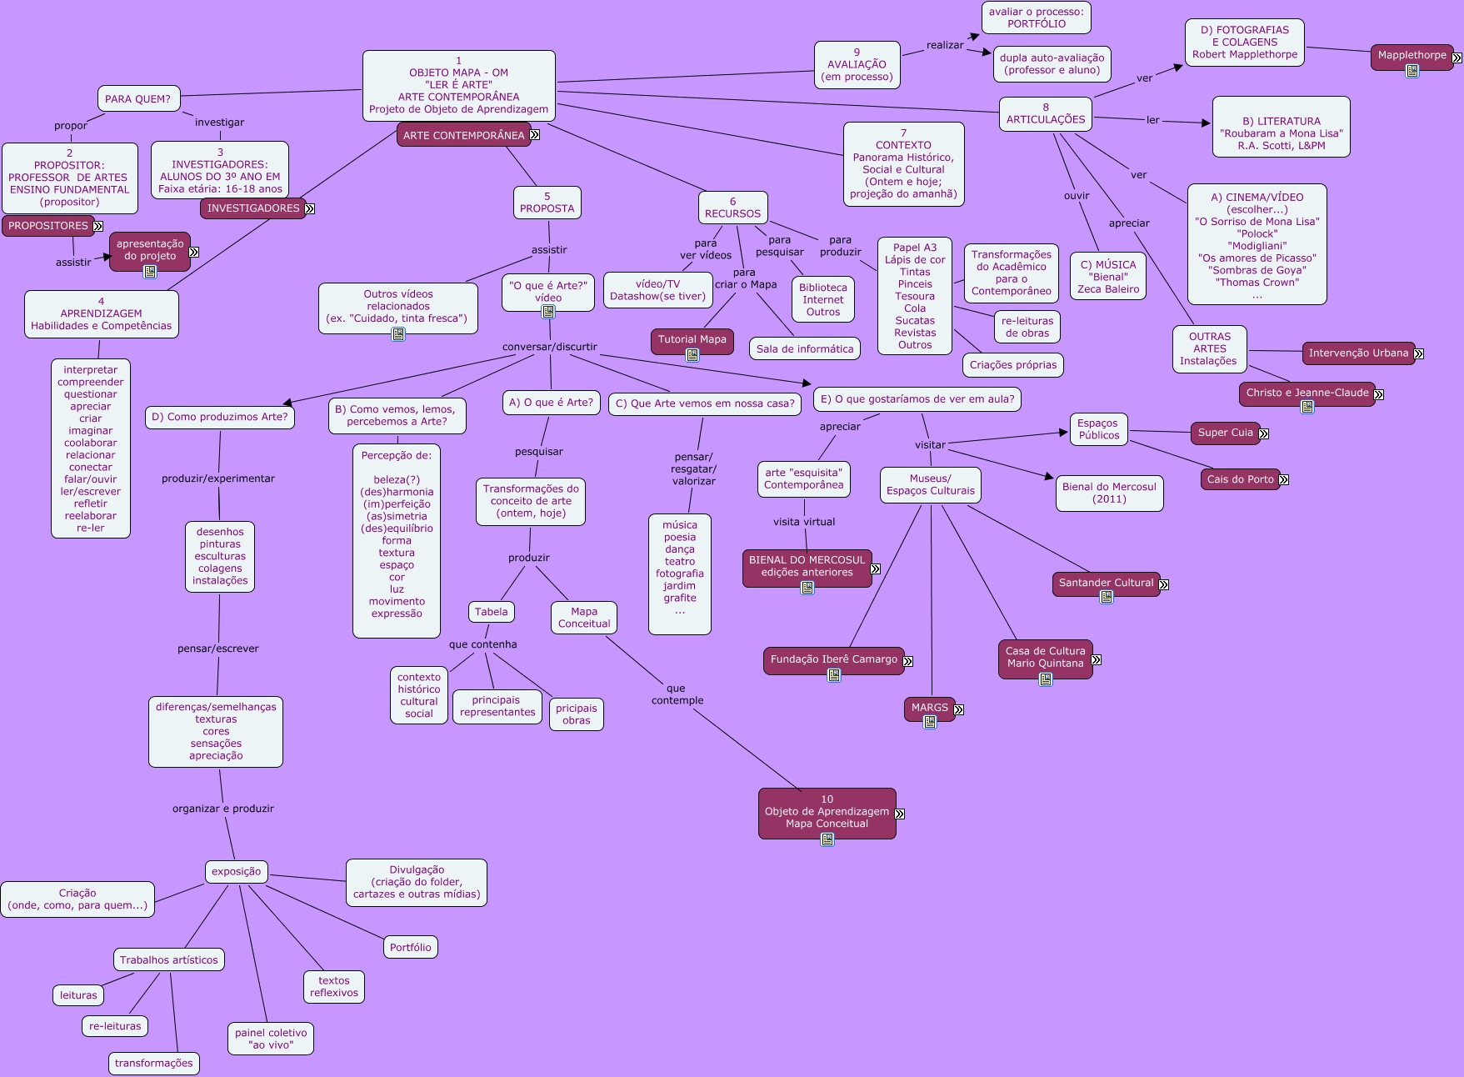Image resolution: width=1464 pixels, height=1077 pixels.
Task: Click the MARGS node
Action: pos(929,708)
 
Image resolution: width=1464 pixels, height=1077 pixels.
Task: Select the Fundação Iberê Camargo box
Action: pos(833,659)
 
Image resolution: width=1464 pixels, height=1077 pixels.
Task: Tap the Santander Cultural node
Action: pos(1106,583)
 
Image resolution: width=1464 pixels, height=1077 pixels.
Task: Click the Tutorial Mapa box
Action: pos(692,339)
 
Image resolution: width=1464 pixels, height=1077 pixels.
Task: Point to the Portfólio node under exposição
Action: pos(410,947)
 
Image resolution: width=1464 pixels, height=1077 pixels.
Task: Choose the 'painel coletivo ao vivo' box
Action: pos(271,1039)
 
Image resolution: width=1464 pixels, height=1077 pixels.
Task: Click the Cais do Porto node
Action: pos(1240,479)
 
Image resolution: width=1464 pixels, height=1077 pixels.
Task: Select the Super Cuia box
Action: pos(1225,433)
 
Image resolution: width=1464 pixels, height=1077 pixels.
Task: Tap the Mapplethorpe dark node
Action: pos(1412,56)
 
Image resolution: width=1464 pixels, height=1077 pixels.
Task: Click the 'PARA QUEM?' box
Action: pos(137,99)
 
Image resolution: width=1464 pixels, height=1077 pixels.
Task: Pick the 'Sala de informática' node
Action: pos(805,349)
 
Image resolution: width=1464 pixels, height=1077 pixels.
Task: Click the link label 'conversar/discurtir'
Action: pos(549,347)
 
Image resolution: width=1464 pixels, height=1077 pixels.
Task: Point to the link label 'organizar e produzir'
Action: pos(222,809)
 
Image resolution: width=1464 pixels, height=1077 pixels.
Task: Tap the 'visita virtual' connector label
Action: pos(803,522)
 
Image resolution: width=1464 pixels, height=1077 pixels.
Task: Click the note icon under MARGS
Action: pos(930,722)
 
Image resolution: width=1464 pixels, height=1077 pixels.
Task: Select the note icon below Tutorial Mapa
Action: pos(692,355)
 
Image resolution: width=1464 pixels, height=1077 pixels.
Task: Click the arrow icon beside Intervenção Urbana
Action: pos(1418,353)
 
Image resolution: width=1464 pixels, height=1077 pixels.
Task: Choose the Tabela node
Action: pos(491,612)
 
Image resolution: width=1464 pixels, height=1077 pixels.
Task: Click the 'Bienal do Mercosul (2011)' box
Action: pos(1109,493)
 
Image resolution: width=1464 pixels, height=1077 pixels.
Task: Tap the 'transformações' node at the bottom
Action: pos(153,1063)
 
